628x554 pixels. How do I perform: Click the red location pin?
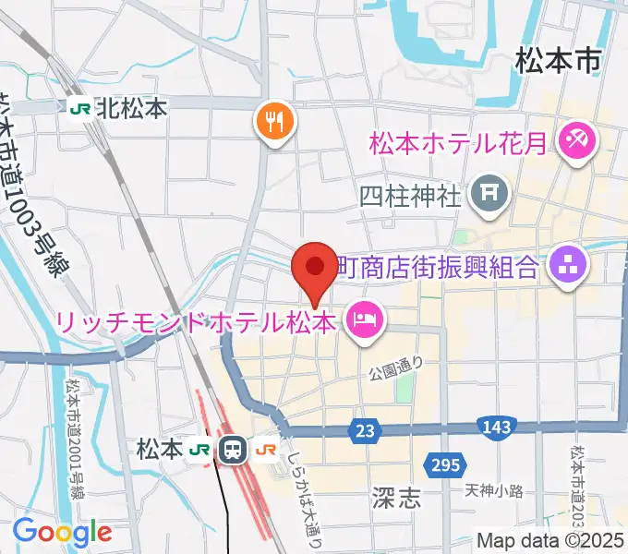(x=314, y=269)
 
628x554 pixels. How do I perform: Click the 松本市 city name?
(x=558, y=62)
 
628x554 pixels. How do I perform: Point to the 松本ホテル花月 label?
(x=463, y=144)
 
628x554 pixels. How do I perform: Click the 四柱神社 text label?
(x=409, y=195)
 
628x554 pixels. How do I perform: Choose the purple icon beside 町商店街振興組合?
(x=567, y=268)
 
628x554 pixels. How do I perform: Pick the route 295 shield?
(x=442, y=464)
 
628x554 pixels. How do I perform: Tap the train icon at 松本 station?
(x=233, y=450)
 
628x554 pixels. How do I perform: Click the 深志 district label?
(x=398, y=499)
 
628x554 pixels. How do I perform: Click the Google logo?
(x=62, y=532)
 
